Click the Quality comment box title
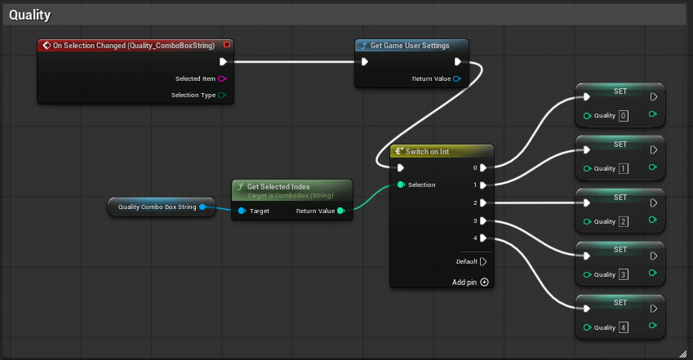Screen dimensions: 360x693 pyautogui.click(x=29, y=15)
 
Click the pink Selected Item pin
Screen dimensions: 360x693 pyautogui.click(x=222, y=79)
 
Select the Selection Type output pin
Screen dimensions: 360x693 pyautogui.click(x=222, y=96)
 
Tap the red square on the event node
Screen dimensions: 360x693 pyautogui.click(x=226, y=45)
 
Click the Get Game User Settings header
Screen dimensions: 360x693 pyautogui.click(x=410, y=46)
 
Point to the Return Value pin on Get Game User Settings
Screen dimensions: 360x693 pyautogui.click(x=457, y=79)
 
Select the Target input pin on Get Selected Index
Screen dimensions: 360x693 pyautogui.click(x=242, y=211)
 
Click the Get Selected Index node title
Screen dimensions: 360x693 pyautogui.click(x=278, y=187)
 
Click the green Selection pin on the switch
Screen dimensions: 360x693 pyautogui.click(x=402, y=184)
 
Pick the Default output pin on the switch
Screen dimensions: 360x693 pyautogui.click(x=483, y=262)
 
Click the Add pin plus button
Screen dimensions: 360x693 pyautogui.click(x=484, y=282)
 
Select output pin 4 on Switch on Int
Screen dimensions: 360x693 pyautogui.click(x=483, y=238)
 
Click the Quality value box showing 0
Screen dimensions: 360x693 pyautogui.click(x=624, y=116)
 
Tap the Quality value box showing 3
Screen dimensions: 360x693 pyautogui.click(x=624, y=274)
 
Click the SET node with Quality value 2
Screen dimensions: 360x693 pyautogui.click(x=620, y=198)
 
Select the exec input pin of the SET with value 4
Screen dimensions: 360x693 pyautogui.click(x=586, y=309)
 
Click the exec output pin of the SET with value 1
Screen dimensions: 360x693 pyautogui.click(x=653, y=150)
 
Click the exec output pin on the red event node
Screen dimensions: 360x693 pyautogui.click(x=223, y=61)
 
